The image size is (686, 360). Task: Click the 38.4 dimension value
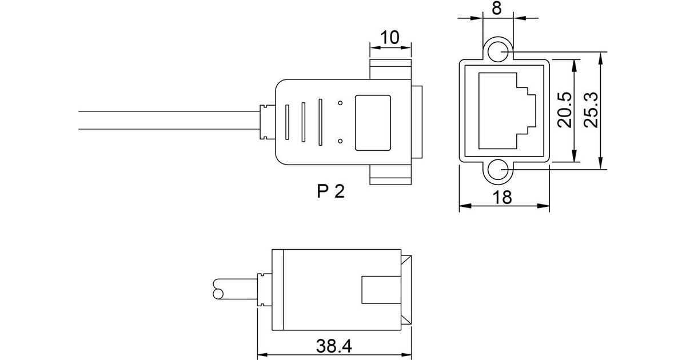(x=334, y=346)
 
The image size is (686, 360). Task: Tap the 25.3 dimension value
(x=591, y=110)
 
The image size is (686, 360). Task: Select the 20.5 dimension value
(x=564, y=110)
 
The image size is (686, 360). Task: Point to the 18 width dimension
(x=502, y=198)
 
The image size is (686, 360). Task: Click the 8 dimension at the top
(x=497, y=8)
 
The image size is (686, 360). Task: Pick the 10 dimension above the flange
(x=389, y=38)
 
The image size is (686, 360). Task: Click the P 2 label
(x=331, y=191)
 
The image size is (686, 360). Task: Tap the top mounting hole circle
(x=498, y=52)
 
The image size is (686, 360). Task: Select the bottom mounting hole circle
(x=498, y=170)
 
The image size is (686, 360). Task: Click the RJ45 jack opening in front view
(x=507, y=111)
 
